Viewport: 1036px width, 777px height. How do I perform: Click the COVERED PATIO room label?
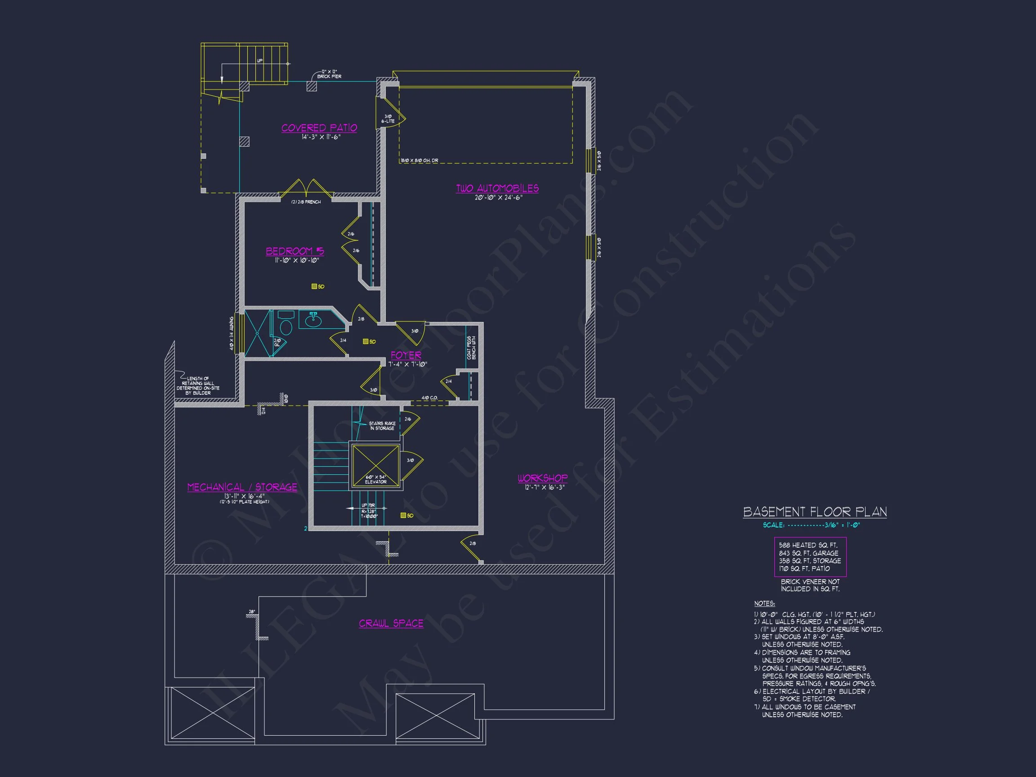tap(319, 128)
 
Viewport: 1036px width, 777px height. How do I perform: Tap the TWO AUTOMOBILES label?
tap(497, 188)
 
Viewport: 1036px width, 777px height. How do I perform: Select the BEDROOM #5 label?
tap(295, 251)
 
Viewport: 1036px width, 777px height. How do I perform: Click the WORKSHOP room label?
tap(542, 478)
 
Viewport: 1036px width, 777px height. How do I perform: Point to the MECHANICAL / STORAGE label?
tap(242, 487)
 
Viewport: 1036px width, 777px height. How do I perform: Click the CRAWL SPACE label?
tap(391, 623)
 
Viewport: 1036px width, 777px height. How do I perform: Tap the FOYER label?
tap(406, 355)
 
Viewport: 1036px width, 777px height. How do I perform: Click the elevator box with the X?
tap(375, 465)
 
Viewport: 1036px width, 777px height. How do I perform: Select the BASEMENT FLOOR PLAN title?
tap(815, 512)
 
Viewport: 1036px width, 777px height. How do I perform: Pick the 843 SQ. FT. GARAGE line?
tap(808, 553)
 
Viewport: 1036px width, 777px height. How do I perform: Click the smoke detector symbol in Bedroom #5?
tap(314, 286)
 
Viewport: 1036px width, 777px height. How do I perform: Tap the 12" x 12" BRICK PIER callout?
tap(329, 74)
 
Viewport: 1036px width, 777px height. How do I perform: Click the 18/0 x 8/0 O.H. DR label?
tap(419, 161)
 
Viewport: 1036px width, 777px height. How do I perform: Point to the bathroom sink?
tap(313, 320)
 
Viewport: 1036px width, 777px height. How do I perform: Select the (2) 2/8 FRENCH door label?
tap(306, 202)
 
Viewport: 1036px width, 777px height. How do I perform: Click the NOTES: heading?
tap(764, 603)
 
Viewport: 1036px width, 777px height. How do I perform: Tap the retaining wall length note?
tap(198, 385)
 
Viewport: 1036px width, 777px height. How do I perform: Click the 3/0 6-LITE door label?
tap(388, 119)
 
